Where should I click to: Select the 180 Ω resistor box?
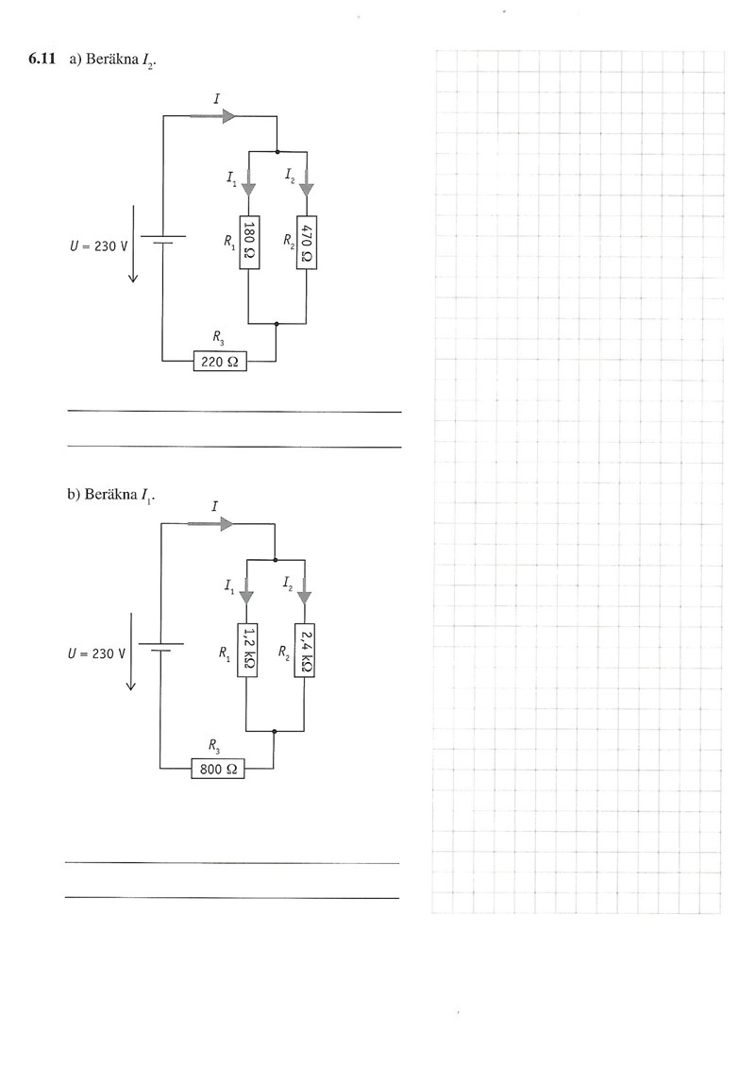click(x=248, y=242)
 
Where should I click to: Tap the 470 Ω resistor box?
click(x=307, y=242)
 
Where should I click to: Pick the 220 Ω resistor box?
click(x=220, y=362)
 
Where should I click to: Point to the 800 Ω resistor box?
click(x=218, y=770)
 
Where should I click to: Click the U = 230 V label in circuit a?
click(x=99, y=246)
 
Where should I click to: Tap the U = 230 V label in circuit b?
click(x=97, y=653)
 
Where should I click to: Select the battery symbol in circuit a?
click(x=163, y=239)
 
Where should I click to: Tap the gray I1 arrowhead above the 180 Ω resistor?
click(x=248, y=187)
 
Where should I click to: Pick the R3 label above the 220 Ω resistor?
click(x=219, y=338)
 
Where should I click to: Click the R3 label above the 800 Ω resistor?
click(x=217, y=746)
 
